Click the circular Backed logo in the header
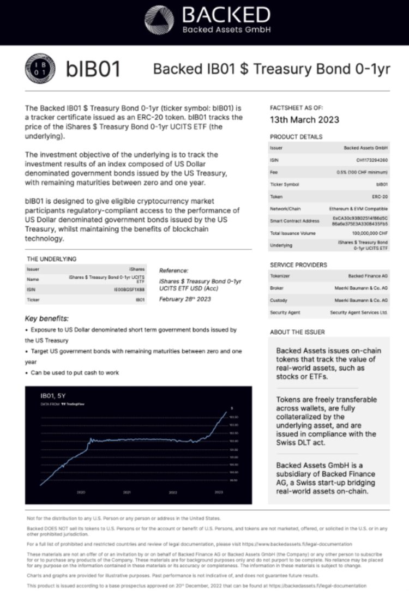159,20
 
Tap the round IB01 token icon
39,69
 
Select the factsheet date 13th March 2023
304,120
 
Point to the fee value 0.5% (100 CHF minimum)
363,172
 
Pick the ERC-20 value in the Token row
380,196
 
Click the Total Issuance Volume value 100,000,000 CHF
366,233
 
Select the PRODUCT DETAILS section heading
296,137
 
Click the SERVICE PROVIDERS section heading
298,265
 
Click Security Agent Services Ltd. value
359,312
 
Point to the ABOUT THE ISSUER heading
297,332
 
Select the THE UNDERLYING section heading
51,259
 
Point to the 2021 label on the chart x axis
127,492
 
